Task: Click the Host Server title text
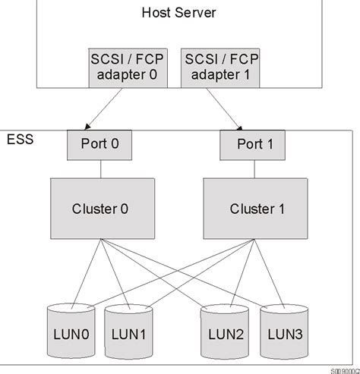pyautogui.click(x=179, y=12)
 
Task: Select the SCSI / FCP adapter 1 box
pyautogui.click(x=220, y=66)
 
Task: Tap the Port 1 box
pyautogui.click(x=248, y=144)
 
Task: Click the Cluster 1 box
pyautogui.click(x=248, y=208)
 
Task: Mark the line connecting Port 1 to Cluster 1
pyautogui.click(x=248, y=169)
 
